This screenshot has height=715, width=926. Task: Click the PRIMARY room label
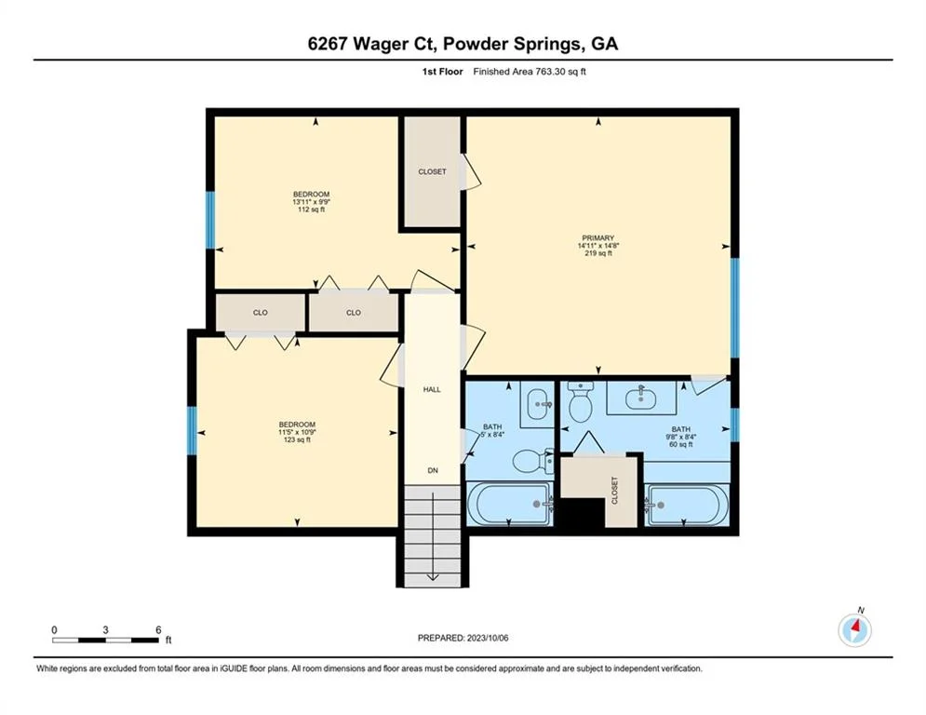tap(598, 238)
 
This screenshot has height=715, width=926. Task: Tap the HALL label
tap(432, 389)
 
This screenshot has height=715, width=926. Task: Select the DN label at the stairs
tap(433, 470)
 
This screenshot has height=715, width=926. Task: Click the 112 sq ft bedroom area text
tap(311, 209)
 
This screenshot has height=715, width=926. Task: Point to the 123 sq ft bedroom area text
tap(297, 439)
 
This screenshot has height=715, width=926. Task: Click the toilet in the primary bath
tap(580, 402)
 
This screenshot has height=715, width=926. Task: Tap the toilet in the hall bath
tap(532, 461)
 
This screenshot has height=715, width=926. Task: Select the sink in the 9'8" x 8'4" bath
tap(641, 398)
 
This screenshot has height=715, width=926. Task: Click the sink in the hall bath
tap(537, 404)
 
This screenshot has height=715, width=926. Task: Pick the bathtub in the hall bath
tap(510, 504)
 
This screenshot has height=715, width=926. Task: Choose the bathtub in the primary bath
tap(687, 505)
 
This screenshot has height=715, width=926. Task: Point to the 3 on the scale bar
tap(105, 630)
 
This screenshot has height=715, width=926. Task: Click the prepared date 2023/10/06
tap(488, 638)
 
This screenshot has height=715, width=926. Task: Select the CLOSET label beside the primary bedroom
tap(433, 172)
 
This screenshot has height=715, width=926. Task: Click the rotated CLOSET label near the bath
tap(614, 491)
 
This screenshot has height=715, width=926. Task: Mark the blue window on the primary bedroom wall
tap(734, 307)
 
